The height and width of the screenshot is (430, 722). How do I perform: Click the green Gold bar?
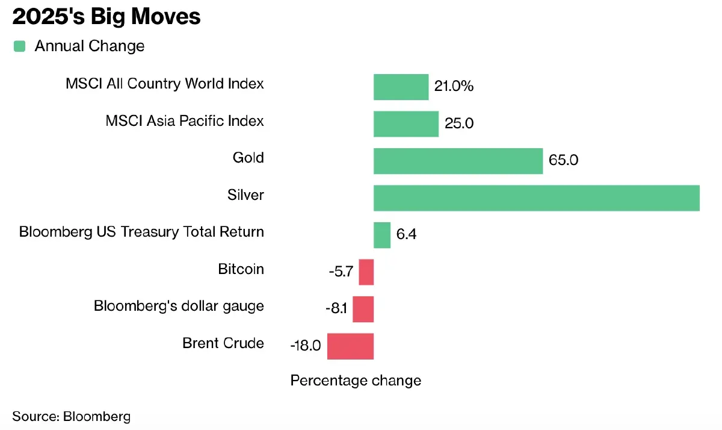pos(458,161)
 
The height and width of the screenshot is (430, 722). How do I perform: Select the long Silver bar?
pos(536,198)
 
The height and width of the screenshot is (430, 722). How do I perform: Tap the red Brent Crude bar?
pos(350,346)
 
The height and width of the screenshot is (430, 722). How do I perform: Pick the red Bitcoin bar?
pos(366,272)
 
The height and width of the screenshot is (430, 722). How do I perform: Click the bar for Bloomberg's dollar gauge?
pos(363,309)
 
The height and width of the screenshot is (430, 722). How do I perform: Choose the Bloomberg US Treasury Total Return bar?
pos(382,235)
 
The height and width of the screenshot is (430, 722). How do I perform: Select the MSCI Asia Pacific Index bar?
pos(406,124)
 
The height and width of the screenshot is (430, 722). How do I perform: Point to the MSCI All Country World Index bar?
pos(401,87)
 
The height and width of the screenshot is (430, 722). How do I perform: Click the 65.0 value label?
pos(564,161)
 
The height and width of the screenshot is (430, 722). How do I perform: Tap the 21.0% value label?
pos(454,87)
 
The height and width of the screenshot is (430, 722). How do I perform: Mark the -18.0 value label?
pos(306,346)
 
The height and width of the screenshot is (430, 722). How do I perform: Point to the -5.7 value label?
pos(341,272)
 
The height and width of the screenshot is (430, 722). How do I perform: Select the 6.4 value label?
pos(406,235)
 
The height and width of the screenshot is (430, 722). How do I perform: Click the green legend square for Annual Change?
pos(20,46)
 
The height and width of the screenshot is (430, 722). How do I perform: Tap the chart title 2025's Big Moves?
pos(106,17)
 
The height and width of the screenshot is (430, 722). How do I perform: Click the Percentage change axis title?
pos(356,381)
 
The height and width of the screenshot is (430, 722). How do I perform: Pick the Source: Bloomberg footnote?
pos(71,416)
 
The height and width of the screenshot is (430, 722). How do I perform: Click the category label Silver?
pos(245,195)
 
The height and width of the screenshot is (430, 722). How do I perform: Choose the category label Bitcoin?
pos(241,269)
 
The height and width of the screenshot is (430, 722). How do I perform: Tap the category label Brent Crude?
pos(223,343)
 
